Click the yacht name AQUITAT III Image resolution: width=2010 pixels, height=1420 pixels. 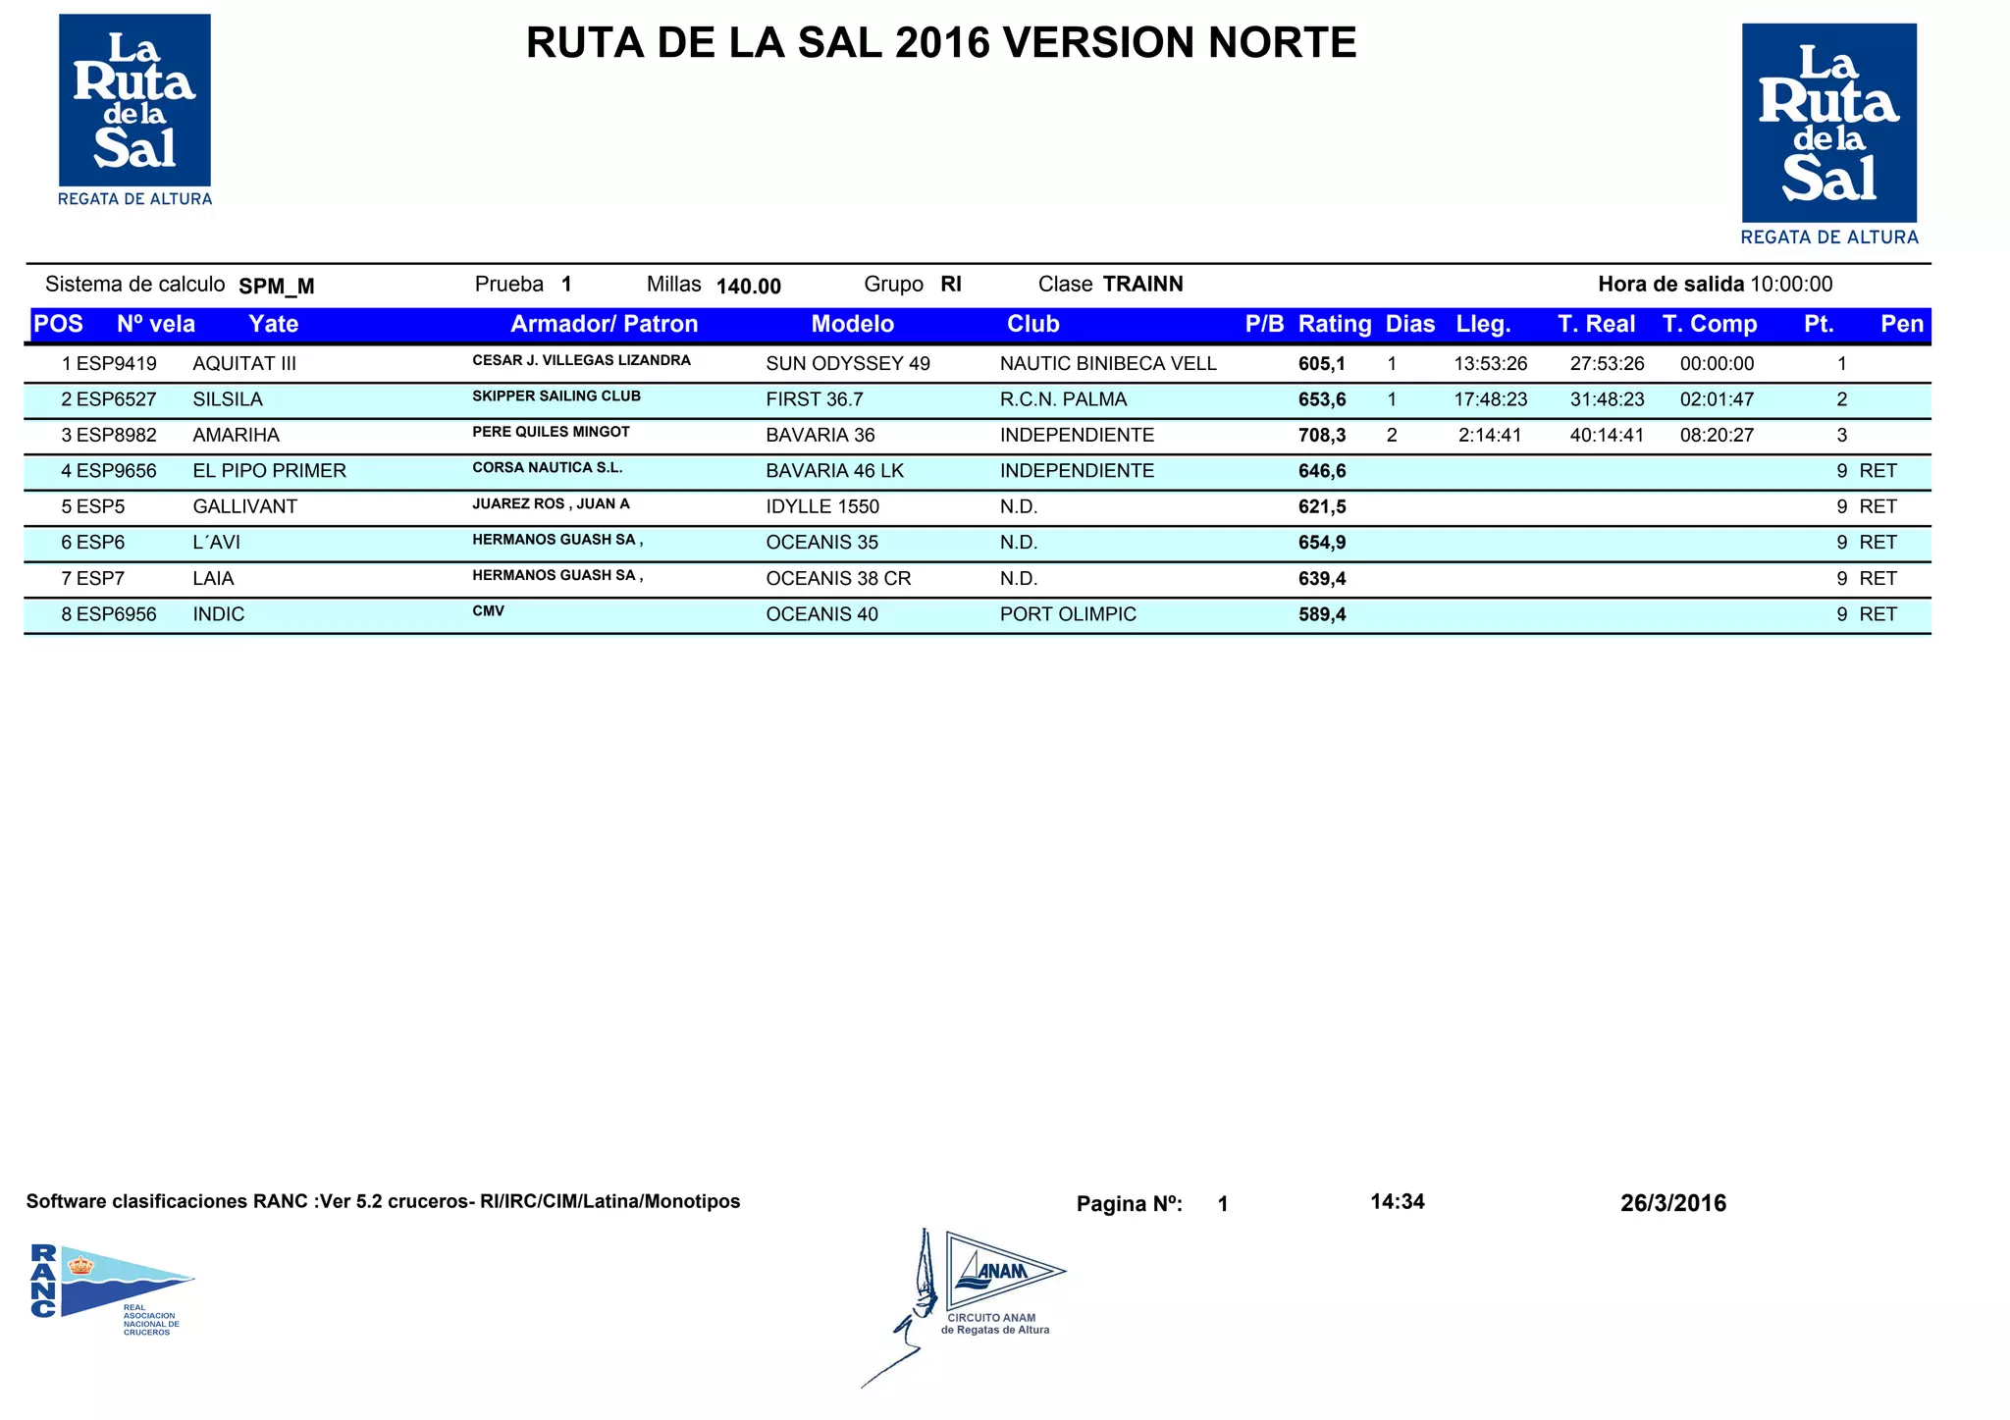click(244, 364)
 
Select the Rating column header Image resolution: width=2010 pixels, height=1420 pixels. click(1334, 325)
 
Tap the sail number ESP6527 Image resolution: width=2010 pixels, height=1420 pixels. click(117, 399)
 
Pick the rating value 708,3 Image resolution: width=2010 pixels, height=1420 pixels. click(1322, 436)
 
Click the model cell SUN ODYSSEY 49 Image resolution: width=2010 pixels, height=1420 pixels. click(848, 364)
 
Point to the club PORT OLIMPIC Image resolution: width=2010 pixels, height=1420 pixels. click(1068, 614)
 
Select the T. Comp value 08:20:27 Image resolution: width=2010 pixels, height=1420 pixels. click(1717, 436)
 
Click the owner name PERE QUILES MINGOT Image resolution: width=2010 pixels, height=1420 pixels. click(551, 432)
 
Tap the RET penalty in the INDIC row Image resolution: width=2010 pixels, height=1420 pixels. click(1878, 614)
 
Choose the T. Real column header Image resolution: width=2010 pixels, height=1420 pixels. click(1596, 325)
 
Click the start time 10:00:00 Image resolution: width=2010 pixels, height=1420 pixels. click(1791, 285)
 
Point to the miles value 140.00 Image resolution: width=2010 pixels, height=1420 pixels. click(749, 287)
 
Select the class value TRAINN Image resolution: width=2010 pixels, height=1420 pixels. click(1142, 285)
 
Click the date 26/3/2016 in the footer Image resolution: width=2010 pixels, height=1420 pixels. click(1673, 1203)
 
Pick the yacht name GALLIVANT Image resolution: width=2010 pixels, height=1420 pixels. click(244, 507)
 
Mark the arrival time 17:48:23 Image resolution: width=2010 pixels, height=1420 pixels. click(1490, 399)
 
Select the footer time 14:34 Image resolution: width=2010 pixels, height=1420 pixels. click(1397, 1202)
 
